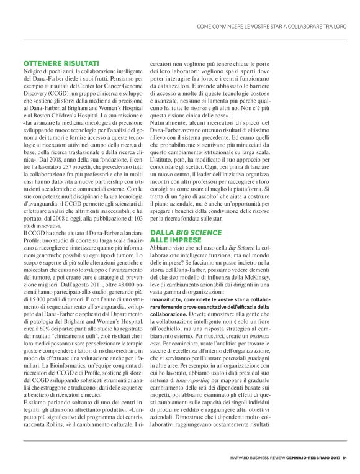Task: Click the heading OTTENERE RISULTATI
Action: tap(61, 63)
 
